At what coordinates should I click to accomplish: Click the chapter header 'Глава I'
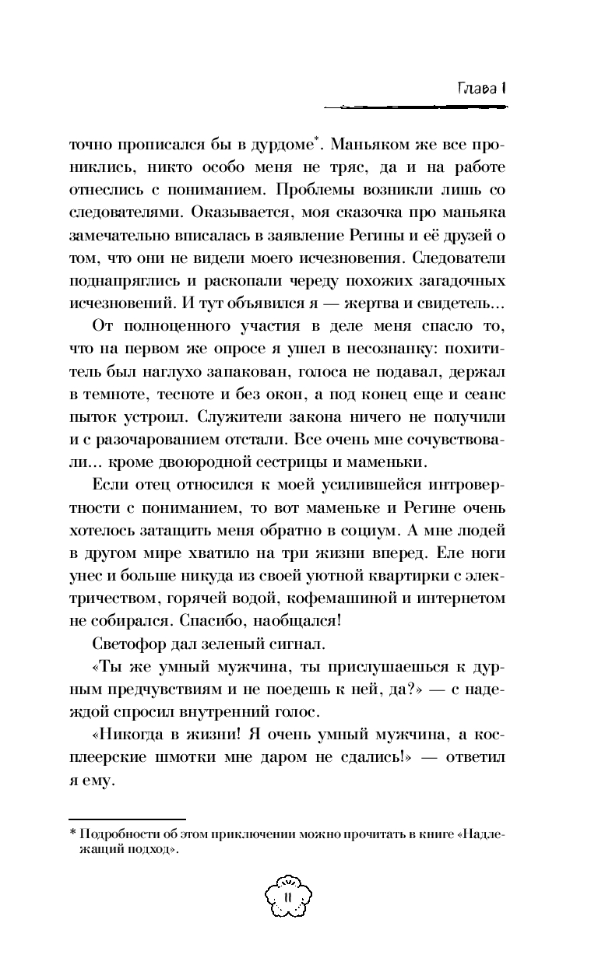point(483,88)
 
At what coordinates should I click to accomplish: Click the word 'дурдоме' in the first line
point(278,145)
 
